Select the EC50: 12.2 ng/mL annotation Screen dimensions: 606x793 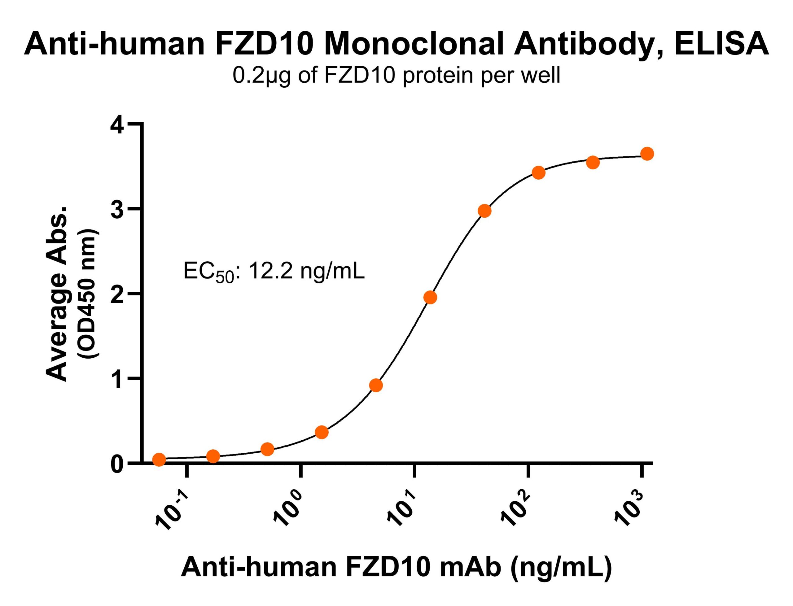[274, 272]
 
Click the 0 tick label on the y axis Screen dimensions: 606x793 [118, 464]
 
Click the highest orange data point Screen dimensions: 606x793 [647, 154]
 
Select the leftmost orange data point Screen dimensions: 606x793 [159, 460]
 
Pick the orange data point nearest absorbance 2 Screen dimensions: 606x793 [430, 298]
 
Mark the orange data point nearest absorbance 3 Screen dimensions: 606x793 [484, 211]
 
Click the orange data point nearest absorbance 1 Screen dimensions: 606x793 [376, 386]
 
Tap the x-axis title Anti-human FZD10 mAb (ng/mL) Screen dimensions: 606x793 [396, 567]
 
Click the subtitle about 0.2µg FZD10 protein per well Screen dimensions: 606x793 [396, 76]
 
